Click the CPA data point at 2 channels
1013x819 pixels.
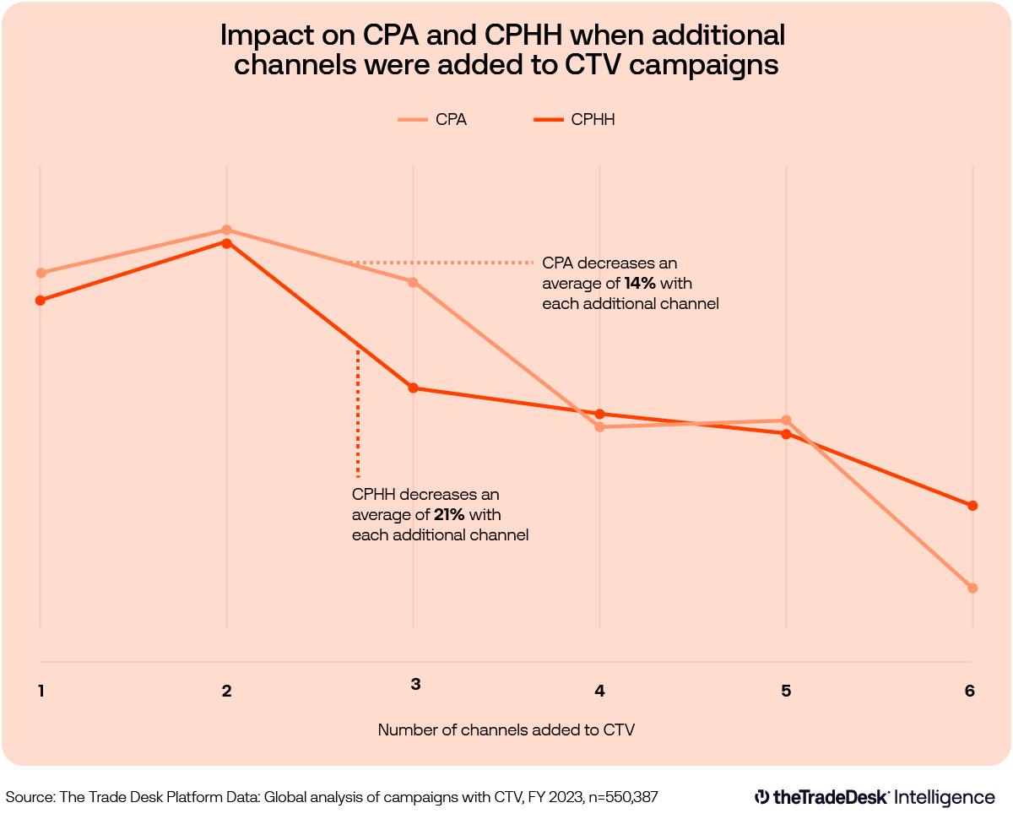pos(226,230)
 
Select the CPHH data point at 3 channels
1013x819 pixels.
pos(413,388)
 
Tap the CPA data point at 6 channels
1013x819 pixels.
pos(972,588)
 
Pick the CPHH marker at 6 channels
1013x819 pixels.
pos(972,506)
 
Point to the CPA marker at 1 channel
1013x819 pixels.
pos(40,273)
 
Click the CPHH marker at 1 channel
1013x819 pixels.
pos(40,300)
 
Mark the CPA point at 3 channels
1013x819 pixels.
pos(413,282)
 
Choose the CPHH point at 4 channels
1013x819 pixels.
pos(599,414)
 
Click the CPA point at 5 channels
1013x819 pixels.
pos(786,420)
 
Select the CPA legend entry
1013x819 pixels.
pos(432,120)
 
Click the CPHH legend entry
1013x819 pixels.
pos(574,120)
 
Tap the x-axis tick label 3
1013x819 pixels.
pos(415,684)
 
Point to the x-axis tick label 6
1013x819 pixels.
pos(969,691)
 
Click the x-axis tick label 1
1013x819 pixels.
pos(41,691)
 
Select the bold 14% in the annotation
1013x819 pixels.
pos(640,284)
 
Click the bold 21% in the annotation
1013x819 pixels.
pos(449,514)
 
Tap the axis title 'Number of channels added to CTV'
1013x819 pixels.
pos(506,730)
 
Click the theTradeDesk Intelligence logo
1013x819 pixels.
pos(875,796)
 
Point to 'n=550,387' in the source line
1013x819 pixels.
pos(620,796)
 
